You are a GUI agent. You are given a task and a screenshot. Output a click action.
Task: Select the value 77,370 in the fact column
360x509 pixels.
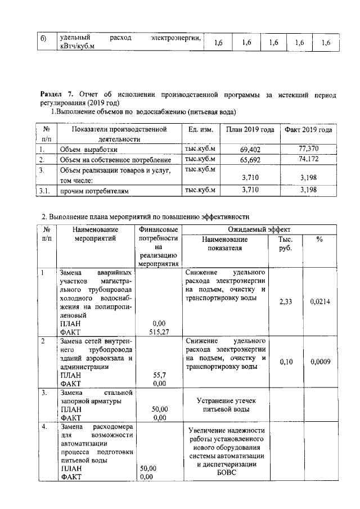tap(308, 149)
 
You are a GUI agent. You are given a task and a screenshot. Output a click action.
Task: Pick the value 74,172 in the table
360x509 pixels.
tap(308, 160)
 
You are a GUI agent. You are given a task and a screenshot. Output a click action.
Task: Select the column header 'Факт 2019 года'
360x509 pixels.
tap(308, 130)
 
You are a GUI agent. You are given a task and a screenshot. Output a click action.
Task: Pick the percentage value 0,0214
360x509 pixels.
tap(320, 302)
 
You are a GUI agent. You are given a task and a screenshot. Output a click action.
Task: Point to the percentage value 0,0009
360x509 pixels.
tap(320, 362)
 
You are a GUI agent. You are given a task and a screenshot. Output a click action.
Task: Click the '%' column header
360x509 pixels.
tap(319, 239)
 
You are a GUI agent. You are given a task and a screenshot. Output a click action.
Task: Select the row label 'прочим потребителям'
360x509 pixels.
tap(94, 191)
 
